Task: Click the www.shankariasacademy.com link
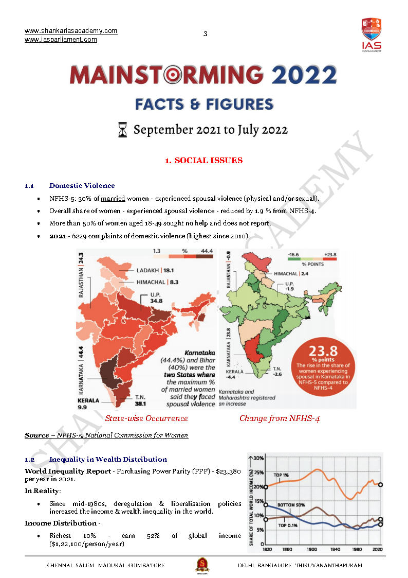click(x=71, y=31)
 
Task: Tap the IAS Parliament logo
click(x=371, y=34)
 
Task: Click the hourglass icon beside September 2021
click(x=122, y=130)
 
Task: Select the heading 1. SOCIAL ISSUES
click(x=203, y=161)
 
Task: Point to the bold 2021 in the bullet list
click(x=58, y=236)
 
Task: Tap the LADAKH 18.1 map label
click(x=156, y=270)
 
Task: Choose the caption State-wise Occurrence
click(x=146, y=418)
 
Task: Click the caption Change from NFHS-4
click(x=280, y=418)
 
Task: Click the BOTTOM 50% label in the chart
click(x=292, y=505)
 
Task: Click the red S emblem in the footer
click(x=202, y=566)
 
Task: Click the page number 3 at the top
click(x=205, y=34)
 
